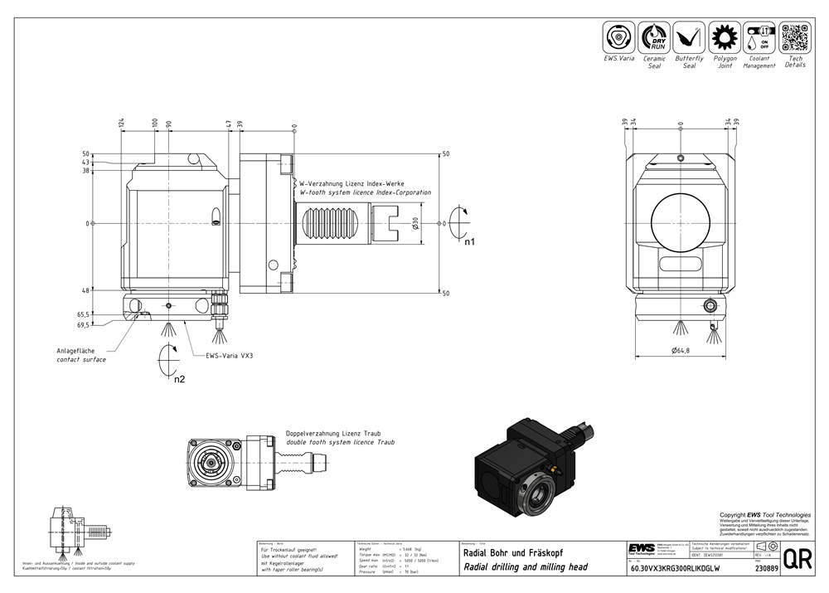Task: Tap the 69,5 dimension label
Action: (83, 325)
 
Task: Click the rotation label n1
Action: (469, 243)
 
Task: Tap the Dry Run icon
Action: (655, 38)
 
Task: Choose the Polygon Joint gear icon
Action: (725, 38)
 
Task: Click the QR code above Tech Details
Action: (795, 38)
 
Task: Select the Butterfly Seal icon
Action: (689, 38)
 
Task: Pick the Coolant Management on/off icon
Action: (759, 38)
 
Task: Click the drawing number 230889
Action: (766, 568)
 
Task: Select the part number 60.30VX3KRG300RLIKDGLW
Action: (676, 569)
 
